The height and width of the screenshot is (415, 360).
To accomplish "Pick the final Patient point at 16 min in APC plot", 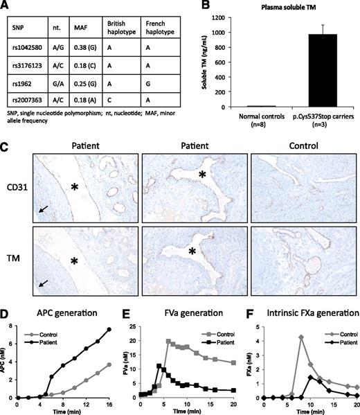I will point(109,329).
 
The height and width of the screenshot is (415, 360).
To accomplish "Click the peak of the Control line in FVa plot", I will point(168,341).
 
